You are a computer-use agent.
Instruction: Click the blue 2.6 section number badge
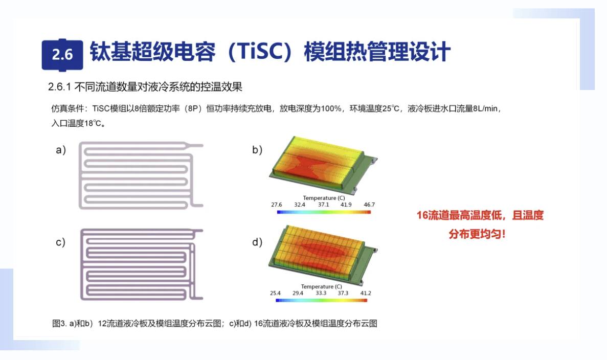62,55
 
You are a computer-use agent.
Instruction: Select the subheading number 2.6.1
59,87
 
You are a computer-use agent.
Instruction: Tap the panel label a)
61,150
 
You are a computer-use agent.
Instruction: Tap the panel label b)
257,150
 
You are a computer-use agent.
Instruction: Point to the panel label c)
60,242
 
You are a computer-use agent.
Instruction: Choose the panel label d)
257,242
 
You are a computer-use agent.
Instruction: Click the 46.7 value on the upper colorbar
369,205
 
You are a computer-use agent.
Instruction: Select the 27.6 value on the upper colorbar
277,205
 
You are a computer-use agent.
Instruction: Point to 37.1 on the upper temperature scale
323,205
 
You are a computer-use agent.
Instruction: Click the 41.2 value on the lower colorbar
366,293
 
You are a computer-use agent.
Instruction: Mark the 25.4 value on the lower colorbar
275,293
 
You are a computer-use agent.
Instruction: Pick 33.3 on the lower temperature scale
321,293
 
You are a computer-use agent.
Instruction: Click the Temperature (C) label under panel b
324,198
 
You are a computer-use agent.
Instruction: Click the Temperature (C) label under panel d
322,286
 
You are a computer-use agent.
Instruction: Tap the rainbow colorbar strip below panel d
321,300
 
